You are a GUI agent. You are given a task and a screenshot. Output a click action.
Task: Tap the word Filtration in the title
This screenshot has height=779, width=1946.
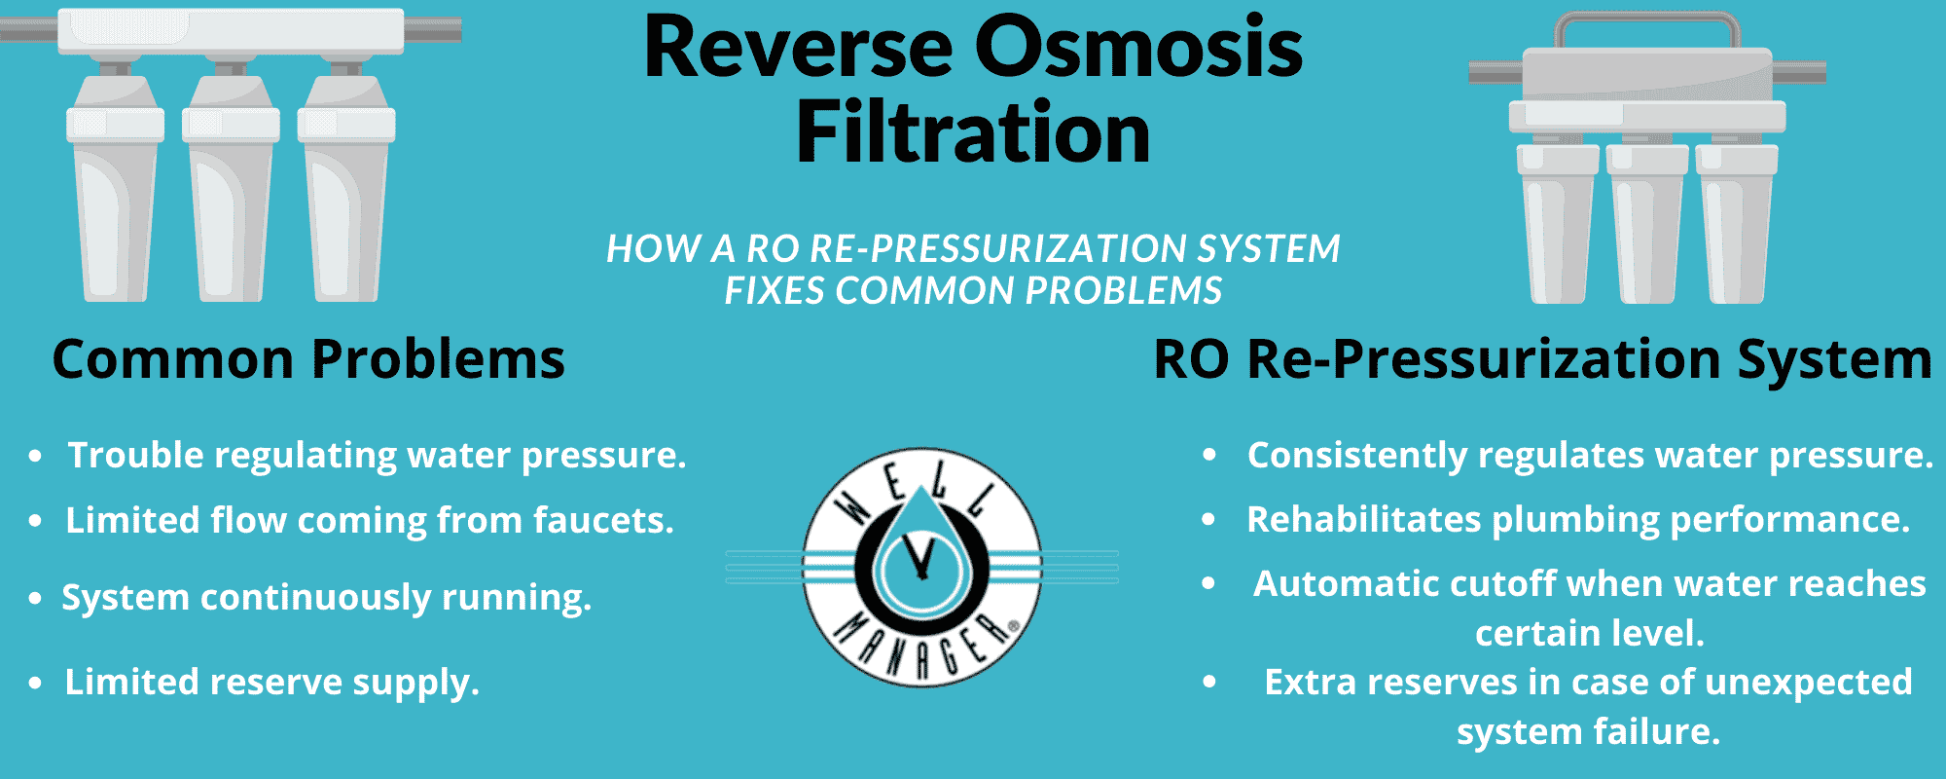973,131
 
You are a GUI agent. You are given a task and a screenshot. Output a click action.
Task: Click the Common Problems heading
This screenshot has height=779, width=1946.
308,359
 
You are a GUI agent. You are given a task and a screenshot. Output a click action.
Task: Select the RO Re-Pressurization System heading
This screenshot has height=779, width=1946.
1542,360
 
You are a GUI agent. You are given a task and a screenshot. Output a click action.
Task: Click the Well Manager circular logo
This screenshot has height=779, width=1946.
921,568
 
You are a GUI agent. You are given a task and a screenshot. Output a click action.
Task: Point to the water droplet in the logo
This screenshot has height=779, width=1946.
920,551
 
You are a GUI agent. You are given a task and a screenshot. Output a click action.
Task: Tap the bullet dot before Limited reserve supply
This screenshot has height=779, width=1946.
35,683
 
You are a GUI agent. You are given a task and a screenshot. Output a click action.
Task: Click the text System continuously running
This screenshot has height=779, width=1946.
327,598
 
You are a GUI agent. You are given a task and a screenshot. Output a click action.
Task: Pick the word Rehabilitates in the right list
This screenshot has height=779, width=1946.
1364,520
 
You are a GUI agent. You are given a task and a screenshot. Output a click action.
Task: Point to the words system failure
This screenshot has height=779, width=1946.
1588,731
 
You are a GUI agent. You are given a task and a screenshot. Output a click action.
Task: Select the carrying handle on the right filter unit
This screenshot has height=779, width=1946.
1646,30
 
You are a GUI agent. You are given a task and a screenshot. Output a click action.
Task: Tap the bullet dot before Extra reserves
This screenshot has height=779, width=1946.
1209,683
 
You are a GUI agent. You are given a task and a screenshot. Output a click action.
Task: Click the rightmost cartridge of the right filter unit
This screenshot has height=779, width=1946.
1738,224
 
